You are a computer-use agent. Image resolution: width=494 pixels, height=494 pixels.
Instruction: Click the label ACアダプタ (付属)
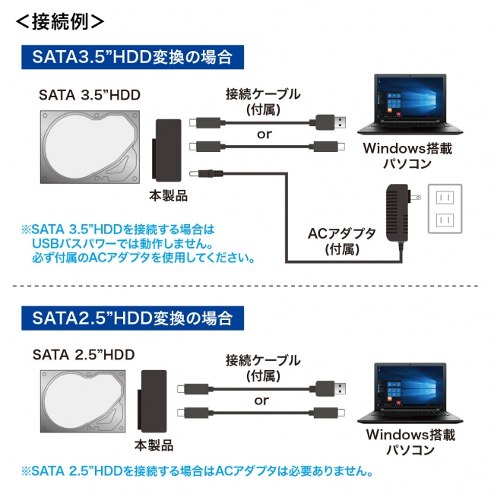(341, 240)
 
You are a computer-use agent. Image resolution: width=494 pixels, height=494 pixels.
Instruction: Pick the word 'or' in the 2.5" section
(261, 400)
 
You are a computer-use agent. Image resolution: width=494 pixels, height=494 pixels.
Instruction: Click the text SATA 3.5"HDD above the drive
(90, 96)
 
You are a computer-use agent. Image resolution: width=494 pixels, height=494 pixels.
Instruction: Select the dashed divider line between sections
(247, 287)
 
